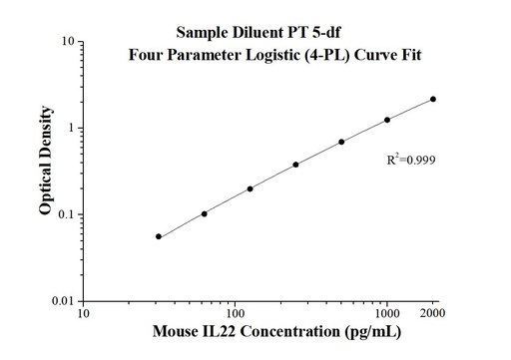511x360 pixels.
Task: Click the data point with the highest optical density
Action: click(433, 99)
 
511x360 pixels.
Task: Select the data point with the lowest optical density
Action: click(159, 236)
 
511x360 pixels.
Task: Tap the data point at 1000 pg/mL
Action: click(387, 120)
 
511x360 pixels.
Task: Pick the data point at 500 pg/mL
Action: click(341, 142)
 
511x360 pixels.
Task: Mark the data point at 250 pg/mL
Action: click(295, 165)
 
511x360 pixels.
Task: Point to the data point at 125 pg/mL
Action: click(250, 188)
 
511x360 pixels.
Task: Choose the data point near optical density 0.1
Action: click(205, 213)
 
